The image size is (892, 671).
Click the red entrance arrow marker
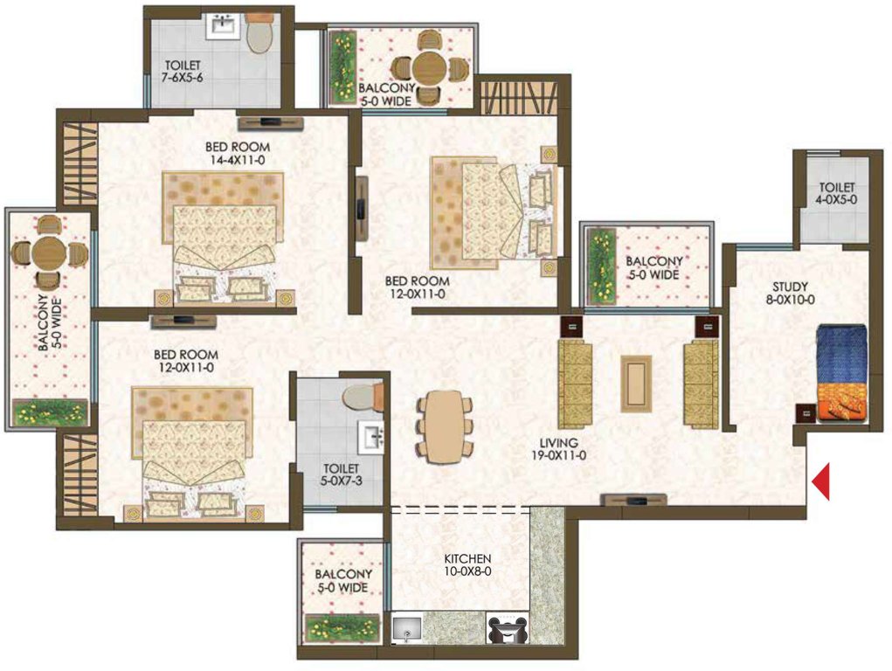tap(821, 482)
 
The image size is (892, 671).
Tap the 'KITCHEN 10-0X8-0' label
tap(465, 564)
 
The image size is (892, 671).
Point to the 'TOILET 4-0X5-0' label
tap(836, 193)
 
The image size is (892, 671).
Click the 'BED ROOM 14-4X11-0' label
tap(237, 153)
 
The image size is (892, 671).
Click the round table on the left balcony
tap(48, 254)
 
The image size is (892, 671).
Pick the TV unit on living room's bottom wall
tap(634, 500)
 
